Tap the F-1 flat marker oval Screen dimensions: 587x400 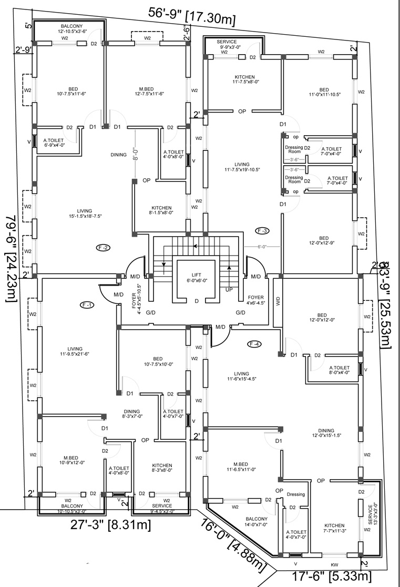(86, 305)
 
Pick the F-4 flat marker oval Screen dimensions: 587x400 (254, 344)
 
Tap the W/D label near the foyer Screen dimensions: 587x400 (278, 301)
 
